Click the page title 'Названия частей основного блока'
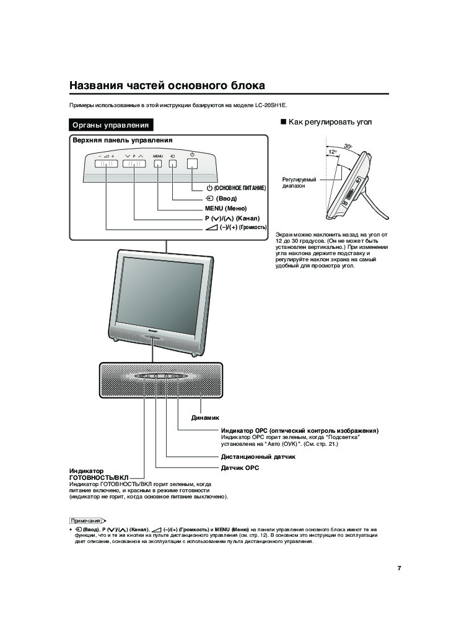click(x=167, y=85)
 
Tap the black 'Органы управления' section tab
click(x=111, y=125)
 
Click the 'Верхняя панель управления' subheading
click(x=122, y=141)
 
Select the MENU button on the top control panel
click(x=157, y=164)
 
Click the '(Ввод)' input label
click(x=226, y=198)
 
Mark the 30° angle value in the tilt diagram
click(x=348, y=146)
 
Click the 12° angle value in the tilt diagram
click(x=332, y=152)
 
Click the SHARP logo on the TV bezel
click(x=155, y=333)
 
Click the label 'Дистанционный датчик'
click(x=258, y=457)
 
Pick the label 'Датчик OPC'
click(x=240, y=468)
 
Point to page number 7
click(x=400, y=568)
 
